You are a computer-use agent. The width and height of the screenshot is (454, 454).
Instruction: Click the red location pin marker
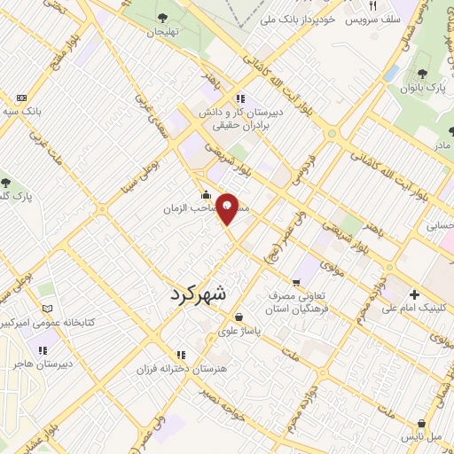228,207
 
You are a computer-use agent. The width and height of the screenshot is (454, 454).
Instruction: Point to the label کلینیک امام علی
416,309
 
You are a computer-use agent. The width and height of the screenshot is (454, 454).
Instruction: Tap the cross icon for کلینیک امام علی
414,295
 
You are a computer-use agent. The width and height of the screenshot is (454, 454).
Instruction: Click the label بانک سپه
22,113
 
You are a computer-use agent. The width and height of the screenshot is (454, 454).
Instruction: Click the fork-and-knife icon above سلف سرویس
373,5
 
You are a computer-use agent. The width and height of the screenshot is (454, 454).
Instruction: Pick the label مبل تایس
432,438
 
